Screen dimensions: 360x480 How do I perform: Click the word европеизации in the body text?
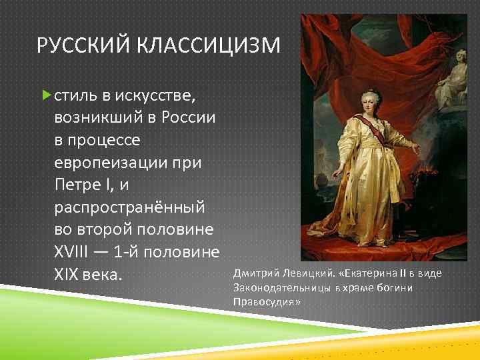click(117, 163)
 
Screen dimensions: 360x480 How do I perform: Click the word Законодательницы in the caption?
click(282, 287)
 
